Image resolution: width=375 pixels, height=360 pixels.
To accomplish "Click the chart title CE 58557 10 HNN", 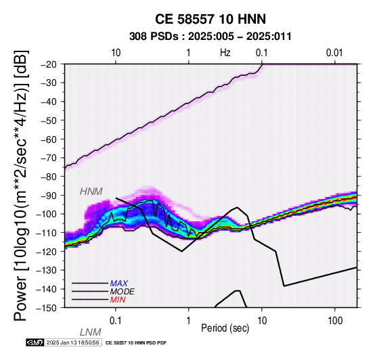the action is (211, 19).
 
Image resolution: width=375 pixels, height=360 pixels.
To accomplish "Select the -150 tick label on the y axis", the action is (47, 308).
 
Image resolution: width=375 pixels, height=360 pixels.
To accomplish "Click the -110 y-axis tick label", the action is (47, 233).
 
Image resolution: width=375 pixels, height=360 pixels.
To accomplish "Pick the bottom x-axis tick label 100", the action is (335, 321).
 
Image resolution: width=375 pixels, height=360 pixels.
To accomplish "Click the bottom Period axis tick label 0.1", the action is (115, 321).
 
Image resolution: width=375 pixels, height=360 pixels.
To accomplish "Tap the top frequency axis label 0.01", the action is (334, 53).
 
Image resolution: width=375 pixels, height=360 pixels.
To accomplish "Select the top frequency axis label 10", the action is (116, 53).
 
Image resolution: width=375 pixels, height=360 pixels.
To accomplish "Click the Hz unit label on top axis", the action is (225, 53).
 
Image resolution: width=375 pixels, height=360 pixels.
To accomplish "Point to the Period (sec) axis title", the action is (225, 328).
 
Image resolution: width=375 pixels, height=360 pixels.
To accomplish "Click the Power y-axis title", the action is (20, 185).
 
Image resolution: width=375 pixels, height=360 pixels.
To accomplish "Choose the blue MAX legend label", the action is (118, 284).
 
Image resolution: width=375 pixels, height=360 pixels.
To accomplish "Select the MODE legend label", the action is (123, 292).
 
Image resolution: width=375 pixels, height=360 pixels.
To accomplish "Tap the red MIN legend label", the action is (118, 300).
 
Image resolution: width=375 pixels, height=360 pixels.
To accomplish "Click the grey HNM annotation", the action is (91, 192).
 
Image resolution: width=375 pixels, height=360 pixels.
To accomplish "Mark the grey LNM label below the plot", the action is (91, 332).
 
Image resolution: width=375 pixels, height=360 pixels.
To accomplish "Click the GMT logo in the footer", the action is (35, 342).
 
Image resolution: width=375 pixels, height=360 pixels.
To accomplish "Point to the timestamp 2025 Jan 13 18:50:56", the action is (72, 342).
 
